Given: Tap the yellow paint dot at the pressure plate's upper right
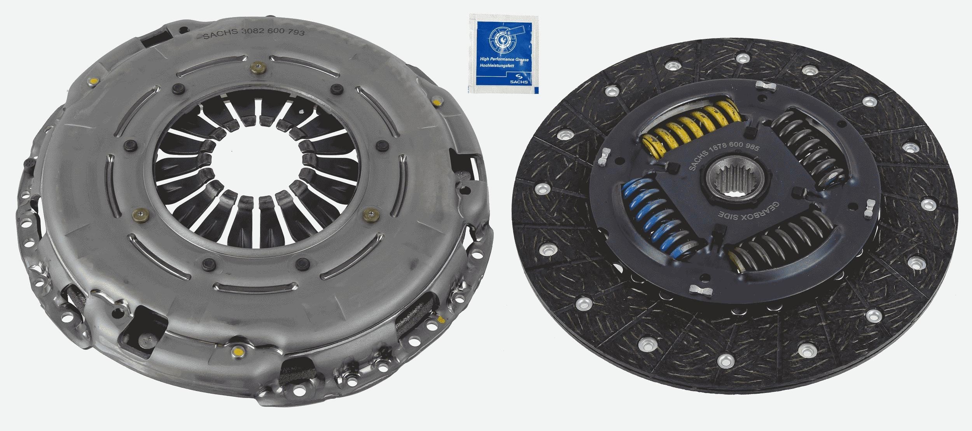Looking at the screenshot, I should point(436,103).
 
